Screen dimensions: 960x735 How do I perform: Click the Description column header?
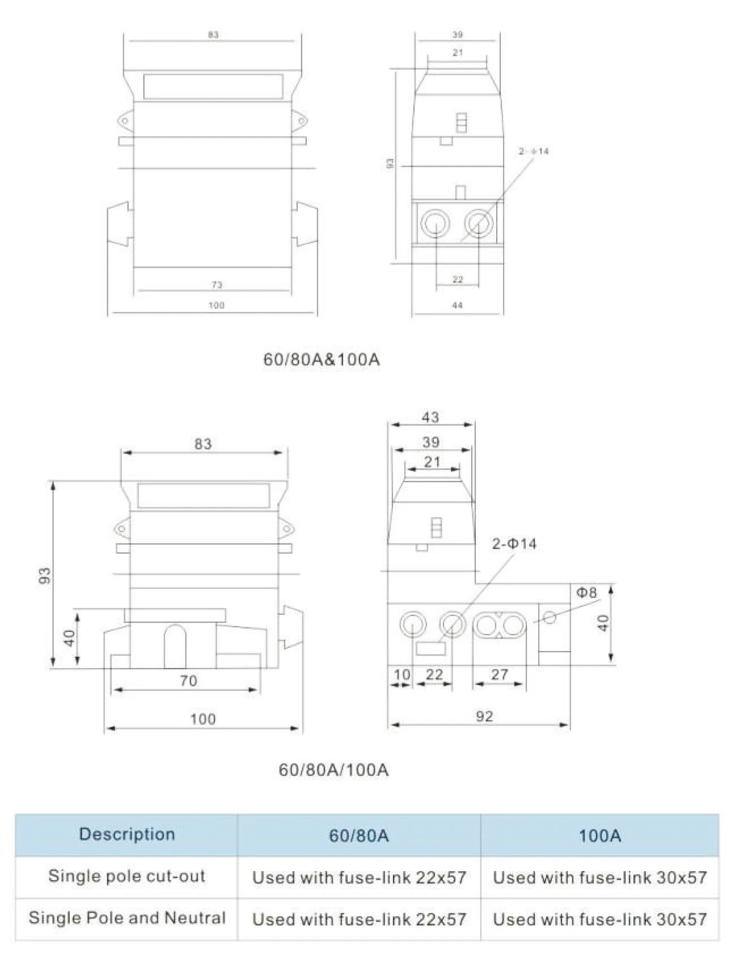tap(126, 834)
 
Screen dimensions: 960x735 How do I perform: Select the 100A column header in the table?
tap(599, 835)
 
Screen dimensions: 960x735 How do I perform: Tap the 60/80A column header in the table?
tap(358, 835)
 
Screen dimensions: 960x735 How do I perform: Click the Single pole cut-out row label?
tap(126, 876)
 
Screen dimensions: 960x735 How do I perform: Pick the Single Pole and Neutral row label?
tap(126, 917)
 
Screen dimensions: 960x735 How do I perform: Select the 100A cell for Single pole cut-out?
tap(599, 877)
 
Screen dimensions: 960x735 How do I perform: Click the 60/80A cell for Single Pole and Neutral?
tap(358, 919)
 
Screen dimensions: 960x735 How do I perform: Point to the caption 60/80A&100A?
tap(322, 359)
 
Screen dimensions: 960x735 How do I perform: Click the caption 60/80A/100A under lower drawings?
tap(333, 770)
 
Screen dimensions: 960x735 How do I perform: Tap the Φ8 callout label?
tap(586, 593)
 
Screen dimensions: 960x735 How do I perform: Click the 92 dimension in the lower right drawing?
tap(484, 716)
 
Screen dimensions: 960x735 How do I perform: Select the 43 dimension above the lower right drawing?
tap(430, 417)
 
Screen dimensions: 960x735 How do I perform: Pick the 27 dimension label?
tap(499, 674)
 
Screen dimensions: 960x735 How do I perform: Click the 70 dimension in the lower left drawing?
tap(188, 681)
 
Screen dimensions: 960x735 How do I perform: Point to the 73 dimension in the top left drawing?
tap(217, 284)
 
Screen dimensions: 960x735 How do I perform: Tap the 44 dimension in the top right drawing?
tap(457, 305)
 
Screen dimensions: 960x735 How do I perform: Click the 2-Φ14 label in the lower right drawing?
tap(514, 544)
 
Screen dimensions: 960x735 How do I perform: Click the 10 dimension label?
tap(402, 674)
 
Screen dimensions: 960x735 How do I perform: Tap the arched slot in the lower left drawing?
tap(175, 646)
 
